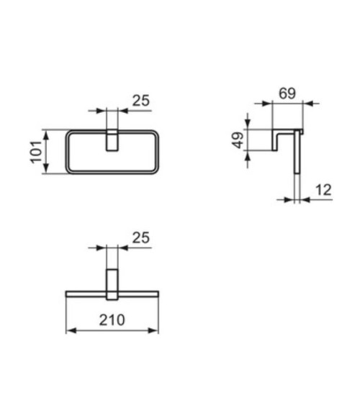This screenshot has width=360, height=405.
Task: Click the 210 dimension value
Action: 112,319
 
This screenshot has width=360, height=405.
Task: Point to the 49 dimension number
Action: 238,140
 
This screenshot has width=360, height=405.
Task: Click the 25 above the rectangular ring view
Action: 141,101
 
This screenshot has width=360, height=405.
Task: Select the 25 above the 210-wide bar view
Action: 141,237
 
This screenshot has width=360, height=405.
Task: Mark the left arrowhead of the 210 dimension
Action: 70,331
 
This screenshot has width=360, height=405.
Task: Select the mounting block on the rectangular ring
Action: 112,141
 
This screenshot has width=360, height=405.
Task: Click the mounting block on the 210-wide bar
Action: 112,284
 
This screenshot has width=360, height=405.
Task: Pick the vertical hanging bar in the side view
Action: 296,165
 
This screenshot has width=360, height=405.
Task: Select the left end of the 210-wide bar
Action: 69,294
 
